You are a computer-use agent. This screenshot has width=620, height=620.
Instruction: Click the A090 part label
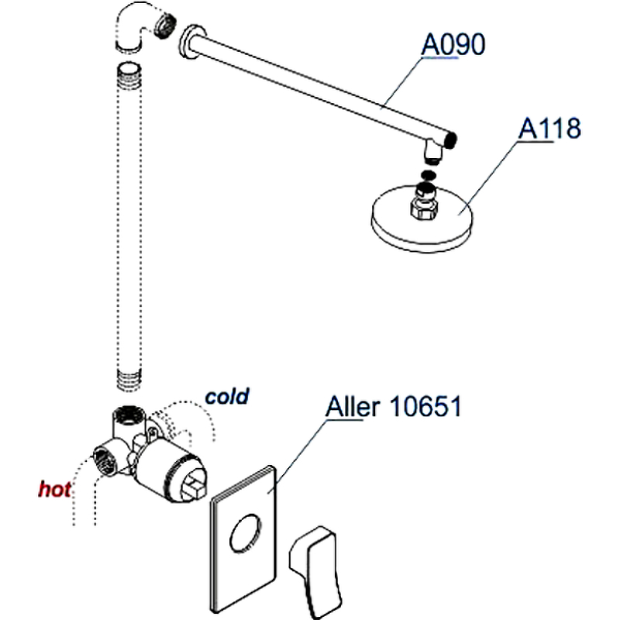pos(453,45)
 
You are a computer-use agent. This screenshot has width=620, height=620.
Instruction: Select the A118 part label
pos(549,129)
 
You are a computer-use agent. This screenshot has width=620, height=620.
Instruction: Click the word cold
pos(226,396)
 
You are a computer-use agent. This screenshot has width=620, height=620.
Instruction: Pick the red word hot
pos(55,489)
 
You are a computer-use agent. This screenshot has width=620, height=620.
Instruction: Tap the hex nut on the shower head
pos(423,207)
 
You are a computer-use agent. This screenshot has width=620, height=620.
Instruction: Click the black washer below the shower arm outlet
pos(429,175)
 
